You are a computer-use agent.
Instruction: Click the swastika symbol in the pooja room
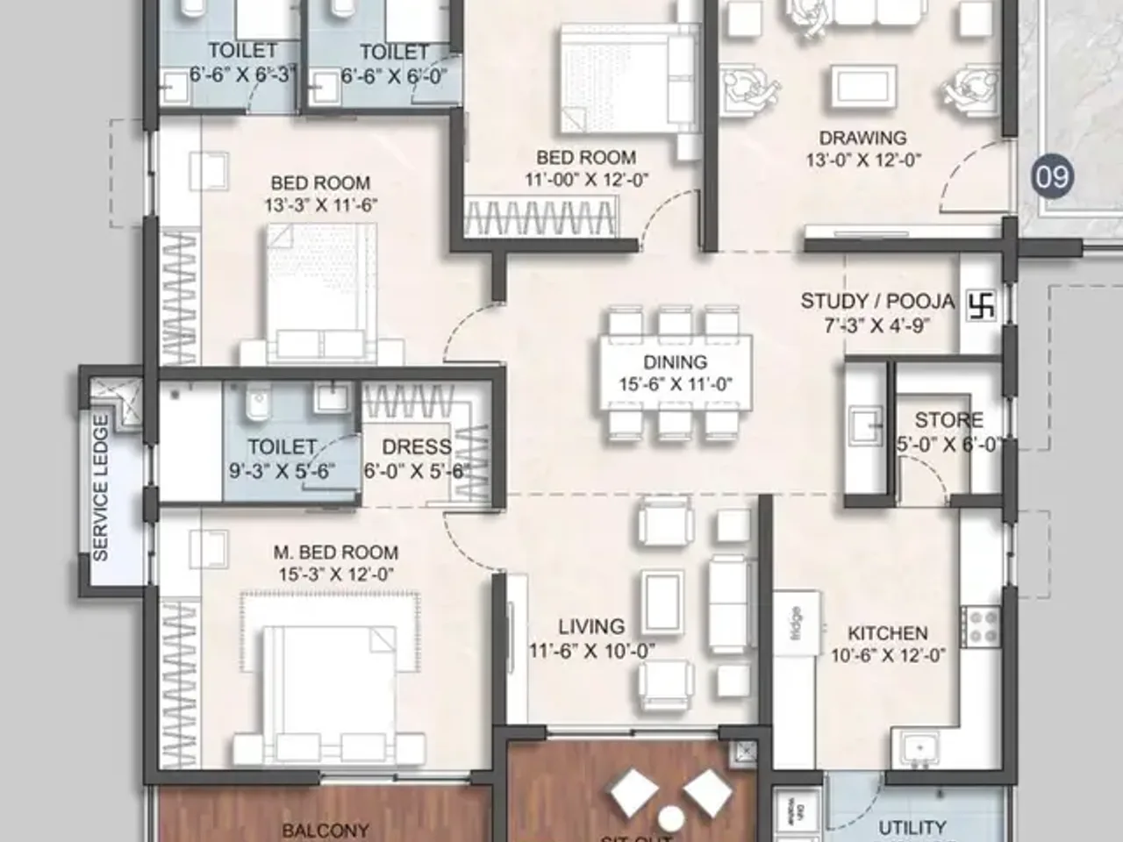tap(982, 305)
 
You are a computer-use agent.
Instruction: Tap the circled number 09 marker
tap(1052, 176)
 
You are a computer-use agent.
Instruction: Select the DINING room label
tap(675, 362)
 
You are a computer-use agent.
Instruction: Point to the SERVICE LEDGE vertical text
tap(101, 488)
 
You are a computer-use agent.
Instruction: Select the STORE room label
tap(948, 420)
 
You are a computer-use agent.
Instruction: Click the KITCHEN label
tap(887, 632)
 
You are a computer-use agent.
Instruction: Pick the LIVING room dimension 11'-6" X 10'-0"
tap(591, 651)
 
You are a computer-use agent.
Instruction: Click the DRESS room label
tap(417, 446)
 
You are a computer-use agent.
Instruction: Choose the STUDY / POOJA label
tap(876, 302)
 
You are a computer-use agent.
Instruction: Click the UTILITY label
tap(912, 827)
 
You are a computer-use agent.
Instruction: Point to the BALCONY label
tap(325, 830)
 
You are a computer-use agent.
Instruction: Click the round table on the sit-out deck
tap(671, 818)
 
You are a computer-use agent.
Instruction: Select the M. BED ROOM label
tap(335, 553)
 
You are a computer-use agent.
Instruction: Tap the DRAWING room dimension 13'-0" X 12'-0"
tap(863, 161)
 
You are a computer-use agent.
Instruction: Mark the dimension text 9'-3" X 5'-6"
tap(282, 471)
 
